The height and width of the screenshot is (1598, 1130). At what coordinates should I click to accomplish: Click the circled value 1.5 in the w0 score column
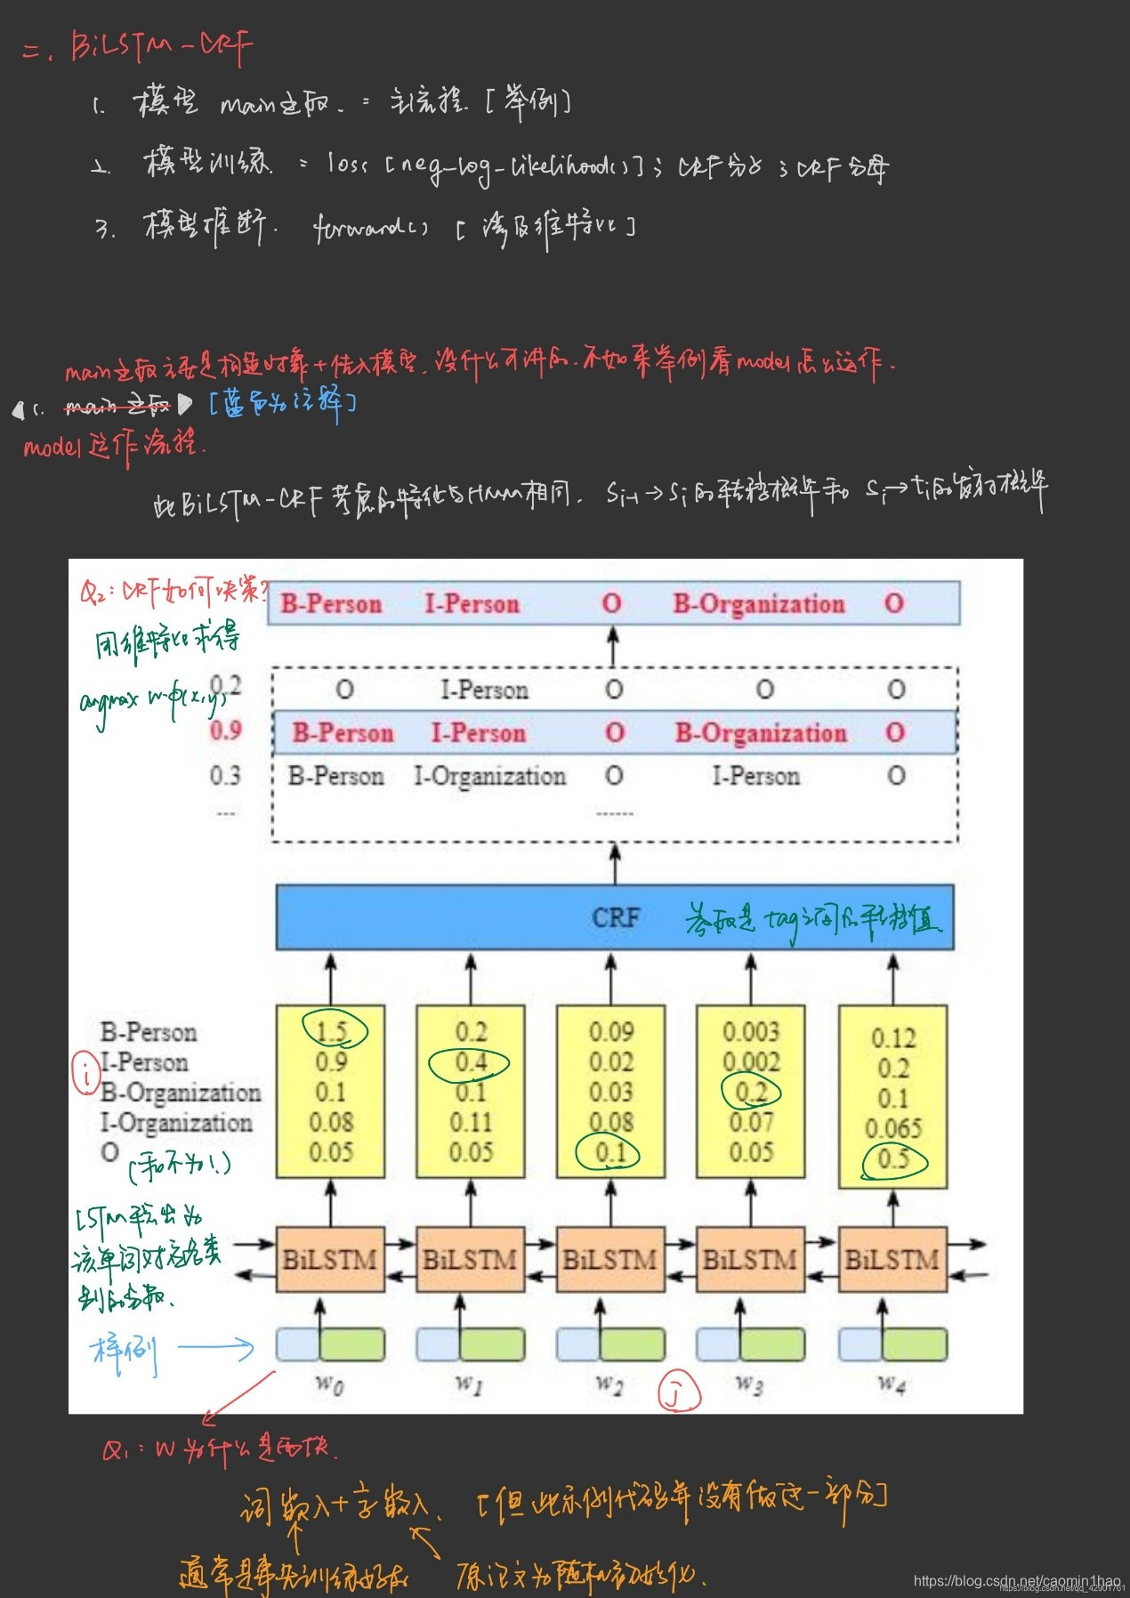pyautogui.click(x=331, y=1031)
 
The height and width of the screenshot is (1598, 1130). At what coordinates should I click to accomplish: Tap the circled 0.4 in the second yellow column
pyautogui.click(x=471, y=1062)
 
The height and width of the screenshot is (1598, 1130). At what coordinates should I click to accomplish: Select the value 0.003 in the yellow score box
pyautogui.click(x=751, y=1031)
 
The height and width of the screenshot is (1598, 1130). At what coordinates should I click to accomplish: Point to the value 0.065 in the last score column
pyautogui.click(x=893, y=1128)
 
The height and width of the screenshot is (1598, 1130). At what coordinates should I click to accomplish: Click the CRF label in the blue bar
pyautogui.click(x=616, y=917)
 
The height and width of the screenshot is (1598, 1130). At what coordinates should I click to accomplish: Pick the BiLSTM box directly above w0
pyautogui.click(x=330, y=1260)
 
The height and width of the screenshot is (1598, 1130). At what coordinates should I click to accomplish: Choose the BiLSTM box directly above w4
pyautogui.click(x=892, y=1260)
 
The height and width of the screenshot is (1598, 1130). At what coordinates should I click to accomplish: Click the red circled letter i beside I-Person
pyautogui.click(x=86, y=1074)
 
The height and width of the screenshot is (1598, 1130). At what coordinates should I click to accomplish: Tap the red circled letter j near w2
pyautogui.click(x=679, y=1393)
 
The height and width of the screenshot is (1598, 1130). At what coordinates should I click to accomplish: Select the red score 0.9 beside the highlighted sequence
pyautogui.click(x=226, y=731)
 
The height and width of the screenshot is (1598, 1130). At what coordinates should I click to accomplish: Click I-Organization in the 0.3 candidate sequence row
pyautogui.click(x=489, y=776)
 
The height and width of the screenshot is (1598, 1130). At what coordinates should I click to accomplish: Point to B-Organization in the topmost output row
pyautogui.click(x=758, y=604)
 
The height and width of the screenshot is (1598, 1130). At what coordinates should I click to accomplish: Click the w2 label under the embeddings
pyautogui.click(x=609, y=1384)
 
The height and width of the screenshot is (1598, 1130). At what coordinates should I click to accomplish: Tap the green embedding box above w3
pyautogui.click(x=772, y=1344)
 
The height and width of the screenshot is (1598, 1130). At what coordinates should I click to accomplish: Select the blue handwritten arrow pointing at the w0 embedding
pyautogui.click(x=215, y=1348)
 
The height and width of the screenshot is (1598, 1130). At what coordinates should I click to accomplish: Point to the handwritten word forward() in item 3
pyautogui.click(x=370, y=227)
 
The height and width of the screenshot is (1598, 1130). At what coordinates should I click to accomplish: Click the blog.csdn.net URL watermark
pyautogui.click(x=1016, y=1580)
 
